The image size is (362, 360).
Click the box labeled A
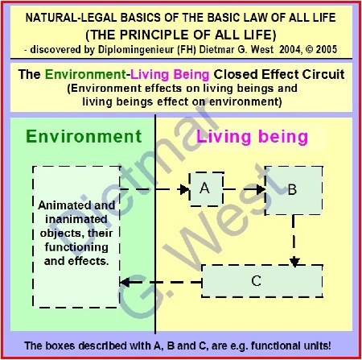(x=207, y=189)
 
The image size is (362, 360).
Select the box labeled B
(x=294, y=191)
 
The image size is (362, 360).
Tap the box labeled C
(x=262, y=281)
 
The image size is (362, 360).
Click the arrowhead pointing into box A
(x=185, y=189)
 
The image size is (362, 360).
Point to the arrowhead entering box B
(x=261, y=189)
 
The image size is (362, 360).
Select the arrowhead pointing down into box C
(x=294, y=262)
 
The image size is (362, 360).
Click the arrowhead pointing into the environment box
(x=125, y=282)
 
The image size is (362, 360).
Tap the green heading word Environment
(x=84, y=136)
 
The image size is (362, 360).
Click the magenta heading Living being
(x=252, y=137)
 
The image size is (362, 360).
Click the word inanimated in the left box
(x=76, y=219)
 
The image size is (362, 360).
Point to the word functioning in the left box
(x=76, y=247)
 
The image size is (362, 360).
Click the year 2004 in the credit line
(x=290, y=49)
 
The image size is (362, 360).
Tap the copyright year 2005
(x=327, y=49)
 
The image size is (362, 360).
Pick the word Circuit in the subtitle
(x=323, y=74)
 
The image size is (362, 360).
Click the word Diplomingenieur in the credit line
(x=136, y=50)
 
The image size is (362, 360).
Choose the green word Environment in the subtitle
(x=85, y=74)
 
